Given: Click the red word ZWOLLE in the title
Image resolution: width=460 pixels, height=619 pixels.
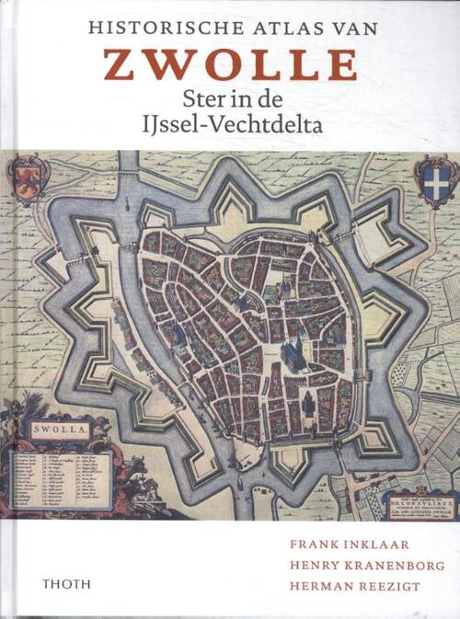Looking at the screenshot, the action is [230, 65].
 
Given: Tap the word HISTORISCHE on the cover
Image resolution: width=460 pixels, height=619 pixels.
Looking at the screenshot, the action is [152, 29].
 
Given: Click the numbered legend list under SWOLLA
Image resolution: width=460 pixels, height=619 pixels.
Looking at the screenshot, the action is [60, 476].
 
